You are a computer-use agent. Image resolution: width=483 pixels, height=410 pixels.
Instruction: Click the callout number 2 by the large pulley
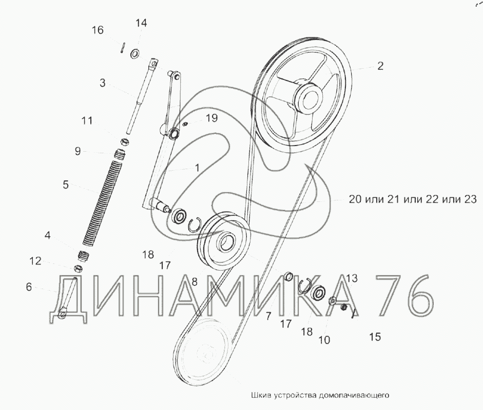pos(380,66)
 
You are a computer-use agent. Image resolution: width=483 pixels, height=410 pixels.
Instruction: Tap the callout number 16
pos(98,30)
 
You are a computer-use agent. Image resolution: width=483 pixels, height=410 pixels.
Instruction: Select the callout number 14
pos(141,23)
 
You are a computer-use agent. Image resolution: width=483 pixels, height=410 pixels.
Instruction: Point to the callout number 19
pos(211,118)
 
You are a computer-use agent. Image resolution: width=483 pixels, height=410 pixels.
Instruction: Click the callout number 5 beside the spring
pos(66,185)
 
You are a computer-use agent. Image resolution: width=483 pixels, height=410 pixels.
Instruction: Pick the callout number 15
pos(375,337)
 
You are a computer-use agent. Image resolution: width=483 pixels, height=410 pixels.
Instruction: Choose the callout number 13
pos(352,278)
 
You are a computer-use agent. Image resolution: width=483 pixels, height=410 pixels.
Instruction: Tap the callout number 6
pos(29,287)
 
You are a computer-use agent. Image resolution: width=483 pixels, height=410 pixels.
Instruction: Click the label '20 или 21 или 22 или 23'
pos(413,199)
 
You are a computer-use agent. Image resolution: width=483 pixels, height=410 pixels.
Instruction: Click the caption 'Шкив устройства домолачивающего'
pos(320,395)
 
